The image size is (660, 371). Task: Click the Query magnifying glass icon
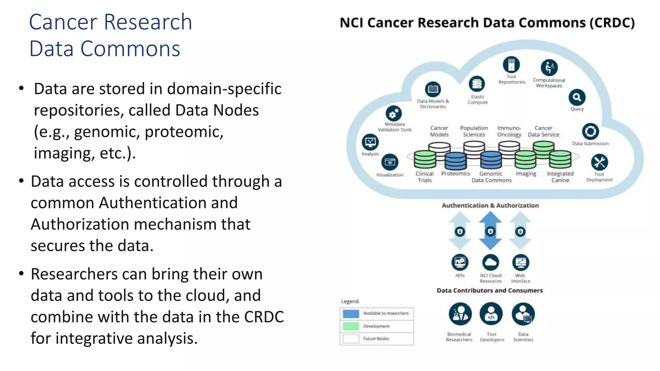(x=577, y=97)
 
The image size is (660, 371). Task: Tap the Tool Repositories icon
(x=511, y=64)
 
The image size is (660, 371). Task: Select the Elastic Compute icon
(x=477, y=84)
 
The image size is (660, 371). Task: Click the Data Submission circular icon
(x=590, y=131)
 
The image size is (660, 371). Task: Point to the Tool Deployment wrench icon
(x=599, y=162)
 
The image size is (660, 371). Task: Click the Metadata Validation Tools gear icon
(x=393, y=114)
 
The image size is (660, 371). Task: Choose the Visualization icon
(x=390, y=162)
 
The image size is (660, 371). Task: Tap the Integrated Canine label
(x=560, y=177)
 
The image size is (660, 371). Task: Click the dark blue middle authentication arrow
(x=490, y=231)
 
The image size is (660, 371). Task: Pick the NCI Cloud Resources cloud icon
(x=490, y=262)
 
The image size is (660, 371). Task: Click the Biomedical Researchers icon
(x=460, y=314)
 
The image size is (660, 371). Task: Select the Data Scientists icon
(x=523, y=314)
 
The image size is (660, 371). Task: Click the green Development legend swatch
(x=351, y=326)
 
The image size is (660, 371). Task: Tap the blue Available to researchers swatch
(x=351, y=314)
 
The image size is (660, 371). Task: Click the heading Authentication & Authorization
(x=490, y=205)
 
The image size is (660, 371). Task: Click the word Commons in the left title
(x=130, y=49)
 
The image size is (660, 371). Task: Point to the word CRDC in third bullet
(x=264, y=317)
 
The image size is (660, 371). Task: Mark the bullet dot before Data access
(x=21, y=181)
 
